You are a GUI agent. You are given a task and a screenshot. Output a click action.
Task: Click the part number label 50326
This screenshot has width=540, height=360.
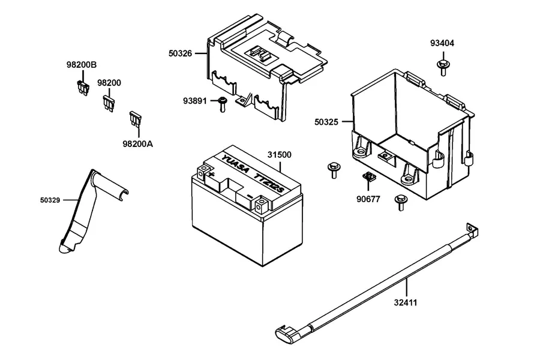pos(180,53)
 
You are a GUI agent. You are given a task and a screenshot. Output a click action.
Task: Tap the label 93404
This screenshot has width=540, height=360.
pos(442,43)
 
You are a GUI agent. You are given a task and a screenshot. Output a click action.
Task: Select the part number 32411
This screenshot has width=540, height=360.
pos(406,302)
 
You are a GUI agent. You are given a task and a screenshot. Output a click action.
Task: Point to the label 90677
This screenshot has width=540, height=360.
pos(368,199)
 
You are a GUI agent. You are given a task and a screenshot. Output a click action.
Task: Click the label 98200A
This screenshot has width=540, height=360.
pos(138,143)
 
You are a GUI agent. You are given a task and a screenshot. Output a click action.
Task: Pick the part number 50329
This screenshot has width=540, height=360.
pos(50,200)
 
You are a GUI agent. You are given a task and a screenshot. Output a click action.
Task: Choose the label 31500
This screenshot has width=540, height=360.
pos(279,155)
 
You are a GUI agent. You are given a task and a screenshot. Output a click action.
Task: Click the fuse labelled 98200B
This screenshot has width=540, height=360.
pos(83,88)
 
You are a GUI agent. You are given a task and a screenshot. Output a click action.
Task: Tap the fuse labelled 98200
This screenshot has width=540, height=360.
pos(109,103)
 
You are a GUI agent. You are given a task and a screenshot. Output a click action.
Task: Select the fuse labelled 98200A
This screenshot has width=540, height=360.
pos(136,118)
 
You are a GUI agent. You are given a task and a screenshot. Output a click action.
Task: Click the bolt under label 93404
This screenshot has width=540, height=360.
pos(443,68)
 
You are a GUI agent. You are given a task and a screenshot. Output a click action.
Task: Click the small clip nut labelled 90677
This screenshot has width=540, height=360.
pos(369,177)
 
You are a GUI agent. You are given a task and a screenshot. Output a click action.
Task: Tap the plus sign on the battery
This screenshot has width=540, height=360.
pos(211,175)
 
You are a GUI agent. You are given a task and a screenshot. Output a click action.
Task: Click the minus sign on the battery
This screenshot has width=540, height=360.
pos(250,197)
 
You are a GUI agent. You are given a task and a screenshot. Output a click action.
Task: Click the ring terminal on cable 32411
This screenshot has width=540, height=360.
pos(471,229)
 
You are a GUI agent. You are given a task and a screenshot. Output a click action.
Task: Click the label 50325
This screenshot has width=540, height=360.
pos(326,122)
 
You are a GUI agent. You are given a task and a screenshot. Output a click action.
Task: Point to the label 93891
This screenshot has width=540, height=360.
pos(194,101)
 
